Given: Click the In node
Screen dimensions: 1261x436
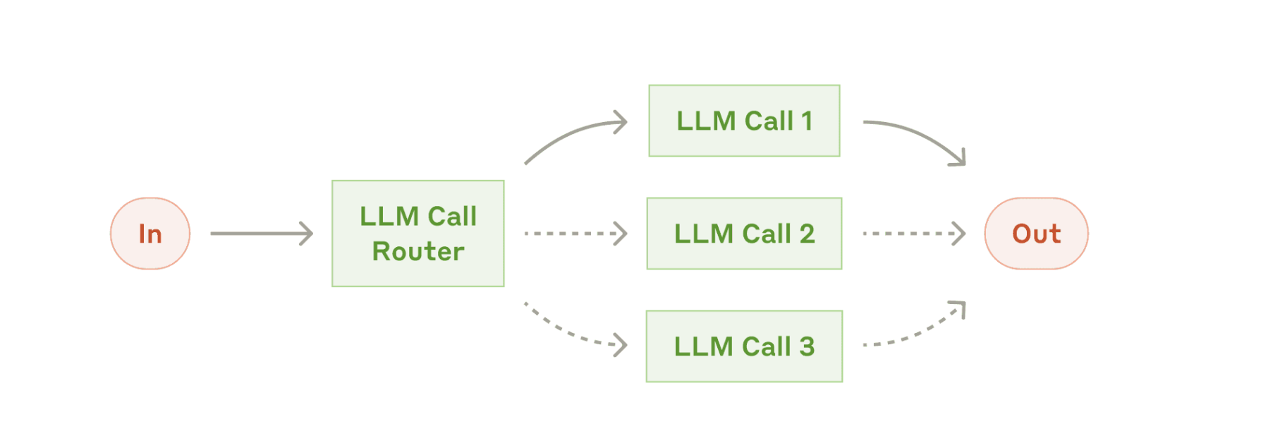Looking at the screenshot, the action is click(150, 234).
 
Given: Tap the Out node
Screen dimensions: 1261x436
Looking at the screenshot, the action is click(1036, 234).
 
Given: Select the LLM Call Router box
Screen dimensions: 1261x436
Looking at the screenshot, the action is click(418, 234).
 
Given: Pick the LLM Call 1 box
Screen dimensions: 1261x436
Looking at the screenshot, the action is click(744, 121).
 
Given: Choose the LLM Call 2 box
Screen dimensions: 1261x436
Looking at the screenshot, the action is click(744, 234).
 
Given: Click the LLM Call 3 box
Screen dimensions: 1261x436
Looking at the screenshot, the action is click(744, 346).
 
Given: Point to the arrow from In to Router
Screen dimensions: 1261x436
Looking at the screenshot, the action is click(262, 234).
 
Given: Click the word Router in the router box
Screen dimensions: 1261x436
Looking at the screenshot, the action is click(418, 251).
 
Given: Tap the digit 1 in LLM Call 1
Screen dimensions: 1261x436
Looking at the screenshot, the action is click(807, 121).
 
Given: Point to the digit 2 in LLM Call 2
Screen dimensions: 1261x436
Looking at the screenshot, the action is click(807, 234).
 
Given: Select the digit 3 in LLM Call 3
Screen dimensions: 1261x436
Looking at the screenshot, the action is click(807, 346).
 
